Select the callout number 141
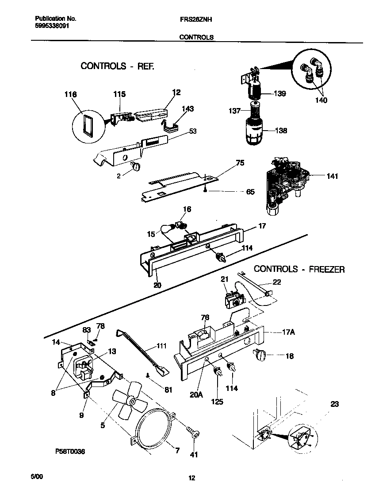coord(332,176)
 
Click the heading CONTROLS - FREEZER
coord(299,269)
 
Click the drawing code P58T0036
coord(70,451)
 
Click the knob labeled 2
coord(136,166)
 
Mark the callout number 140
coord(321,100)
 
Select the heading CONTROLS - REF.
coord(118,66)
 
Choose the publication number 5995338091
coord(52,26)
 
